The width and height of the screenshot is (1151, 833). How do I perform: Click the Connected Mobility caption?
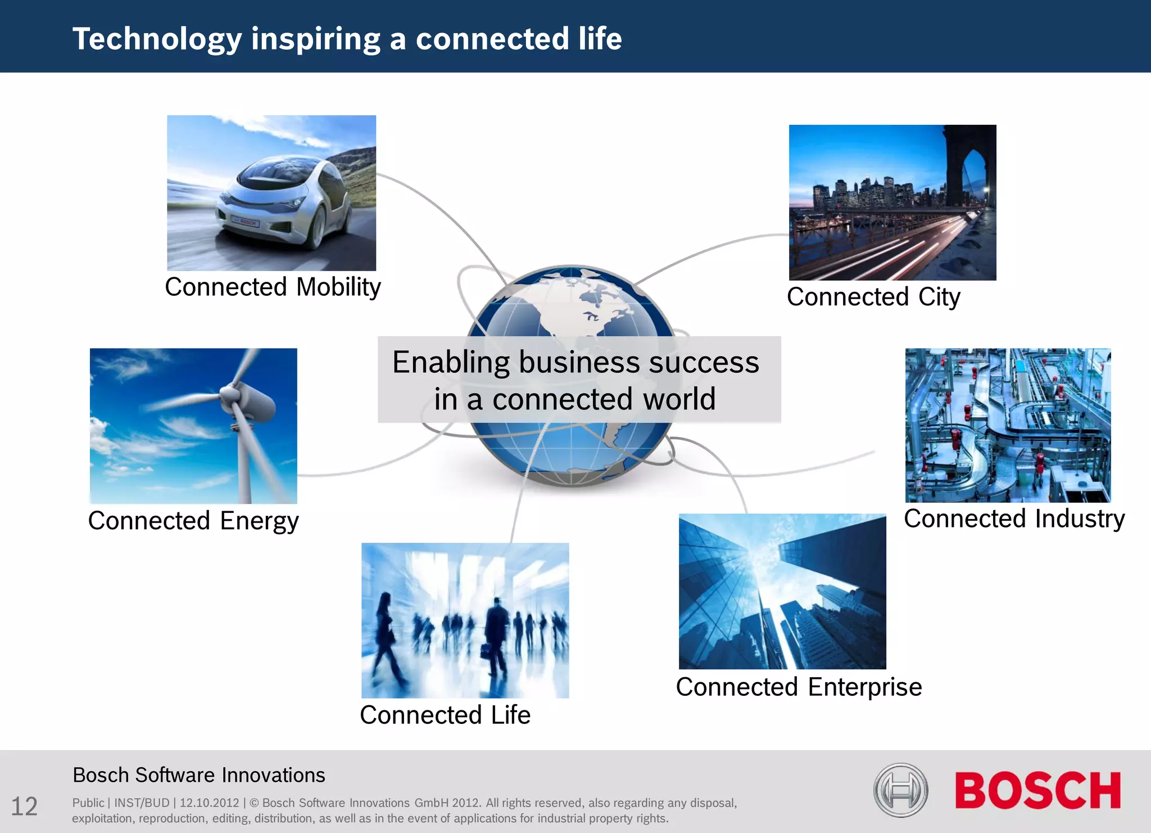(273, 287)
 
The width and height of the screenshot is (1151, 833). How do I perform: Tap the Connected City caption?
(873, 297)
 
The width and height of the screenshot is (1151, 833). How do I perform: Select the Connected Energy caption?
(193, 521)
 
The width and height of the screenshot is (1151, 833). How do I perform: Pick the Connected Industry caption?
(1014, 519)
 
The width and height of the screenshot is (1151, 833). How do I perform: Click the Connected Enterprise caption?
(799, 687)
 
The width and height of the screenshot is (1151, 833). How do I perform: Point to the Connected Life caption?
(445, 715)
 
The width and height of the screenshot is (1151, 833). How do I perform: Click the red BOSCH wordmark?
(1037, 791)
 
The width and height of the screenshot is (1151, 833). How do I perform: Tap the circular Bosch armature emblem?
(900, 790)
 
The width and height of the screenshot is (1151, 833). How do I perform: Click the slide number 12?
(24, 807)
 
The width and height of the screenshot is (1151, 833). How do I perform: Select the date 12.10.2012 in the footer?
(209, 803)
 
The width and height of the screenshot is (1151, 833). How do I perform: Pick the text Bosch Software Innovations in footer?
(199, 776)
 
